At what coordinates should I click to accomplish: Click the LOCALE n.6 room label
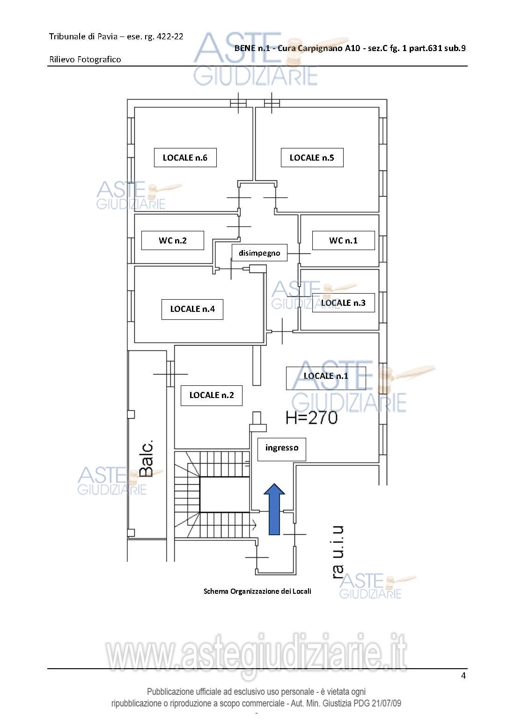185,157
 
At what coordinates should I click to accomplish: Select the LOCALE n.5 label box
312,157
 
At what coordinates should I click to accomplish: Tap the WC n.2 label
173,241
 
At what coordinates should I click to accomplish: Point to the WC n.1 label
343,241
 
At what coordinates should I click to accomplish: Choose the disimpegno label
259,253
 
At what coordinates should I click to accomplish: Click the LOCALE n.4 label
192,309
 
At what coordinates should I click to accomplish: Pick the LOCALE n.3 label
343,303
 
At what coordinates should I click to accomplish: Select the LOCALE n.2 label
211,395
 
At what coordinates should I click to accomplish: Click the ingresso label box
282,449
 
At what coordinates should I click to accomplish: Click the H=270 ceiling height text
312,418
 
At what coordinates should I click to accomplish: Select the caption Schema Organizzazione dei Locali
257,591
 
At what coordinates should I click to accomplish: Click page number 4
463,676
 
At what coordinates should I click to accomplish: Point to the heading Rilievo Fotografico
85,59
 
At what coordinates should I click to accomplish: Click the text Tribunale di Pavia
83,37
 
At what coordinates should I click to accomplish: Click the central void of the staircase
225,494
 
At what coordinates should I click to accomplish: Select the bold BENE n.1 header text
252,48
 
